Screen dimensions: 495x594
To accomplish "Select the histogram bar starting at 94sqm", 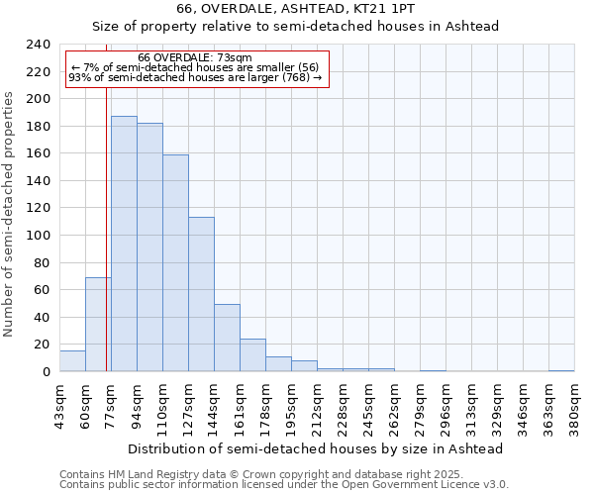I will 149,247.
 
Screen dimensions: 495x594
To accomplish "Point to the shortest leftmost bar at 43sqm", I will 72,361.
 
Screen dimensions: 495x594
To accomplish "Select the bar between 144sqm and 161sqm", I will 227,338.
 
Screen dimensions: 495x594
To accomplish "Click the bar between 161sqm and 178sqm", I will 252,355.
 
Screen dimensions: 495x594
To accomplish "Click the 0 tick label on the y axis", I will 46,372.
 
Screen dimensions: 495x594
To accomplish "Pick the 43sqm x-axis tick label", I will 59,406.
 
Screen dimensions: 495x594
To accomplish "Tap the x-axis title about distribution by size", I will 316,448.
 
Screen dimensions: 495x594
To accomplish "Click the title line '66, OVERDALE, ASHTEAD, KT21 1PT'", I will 294,9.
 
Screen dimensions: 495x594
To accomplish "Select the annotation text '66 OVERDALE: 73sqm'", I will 195,57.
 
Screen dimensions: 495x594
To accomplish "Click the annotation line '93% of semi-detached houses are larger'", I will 195,77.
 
